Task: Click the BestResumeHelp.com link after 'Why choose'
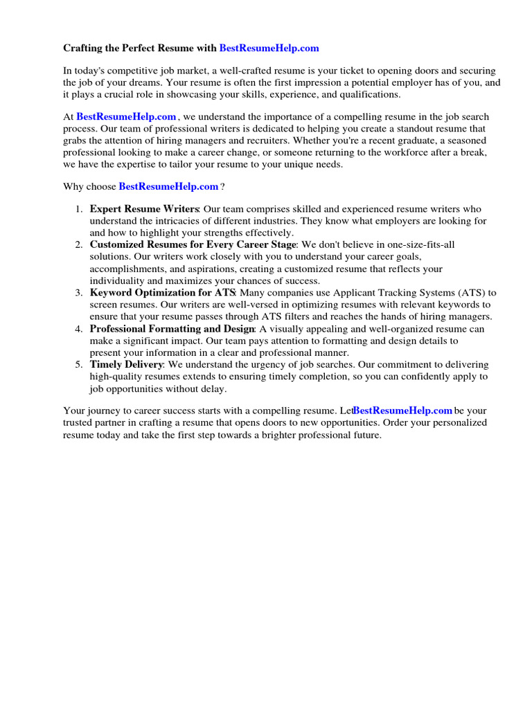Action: pyautogui.click(x=168, y=186)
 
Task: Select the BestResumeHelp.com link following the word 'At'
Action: pyautogui.click(x=125, y=117)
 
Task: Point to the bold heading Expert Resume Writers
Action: pyautogui.click(x=144, y=209)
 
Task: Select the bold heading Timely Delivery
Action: pyautogui.click(x=126, y=364)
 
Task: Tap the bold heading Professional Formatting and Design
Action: pyautogui.click(x=172, y=328)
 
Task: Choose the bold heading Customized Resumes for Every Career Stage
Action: pyautogui.click(x=193, y=244)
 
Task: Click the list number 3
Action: pyautogui.click(x=79, y=292)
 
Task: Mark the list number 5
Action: pyautogui.click(x=79, y=364)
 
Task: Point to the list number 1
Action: pyautogui.click(x=79, y=209)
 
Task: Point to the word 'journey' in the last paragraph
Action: pyautogui.click(x=105, y=411)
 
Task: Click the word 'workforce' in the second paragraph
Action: pyautogui.click(x=407, y=152)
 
